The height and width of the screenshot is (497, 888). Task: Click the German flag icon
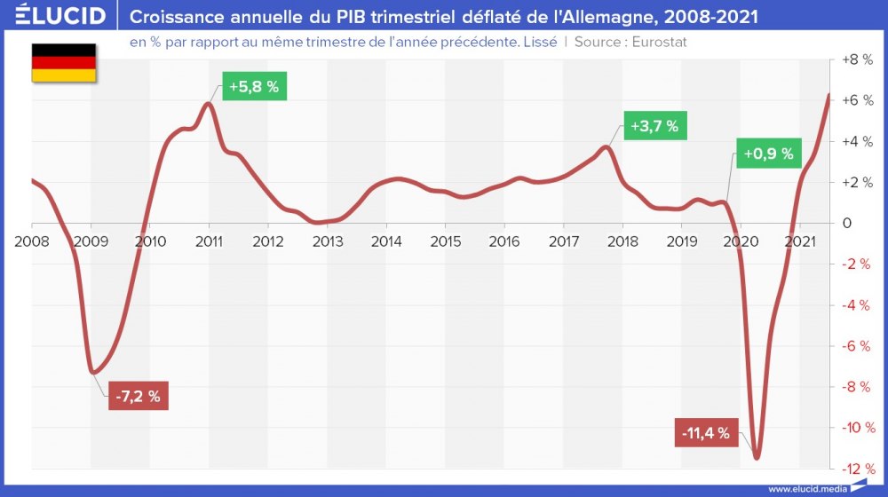coord(64,62)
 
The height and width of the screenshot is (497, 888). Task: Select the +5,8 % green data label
coord(256,88)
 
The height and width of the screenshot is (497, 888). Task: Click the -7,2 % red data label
coord(138,397)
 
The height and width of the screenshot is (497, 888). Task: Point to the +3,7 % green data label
coord(654,126)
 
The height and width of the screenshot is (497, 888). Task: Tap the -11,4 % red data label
coord(707,433)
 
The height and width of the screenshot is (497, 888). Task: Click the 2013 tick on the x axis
coord(327,241)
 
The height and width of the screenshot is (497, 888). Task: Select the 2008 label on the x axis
coord(32,241)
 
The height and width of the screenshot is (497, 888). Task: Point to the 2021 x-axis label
coord(801,241)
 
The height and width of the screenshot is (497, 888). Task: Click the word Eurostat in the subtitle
coord(659,42)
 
